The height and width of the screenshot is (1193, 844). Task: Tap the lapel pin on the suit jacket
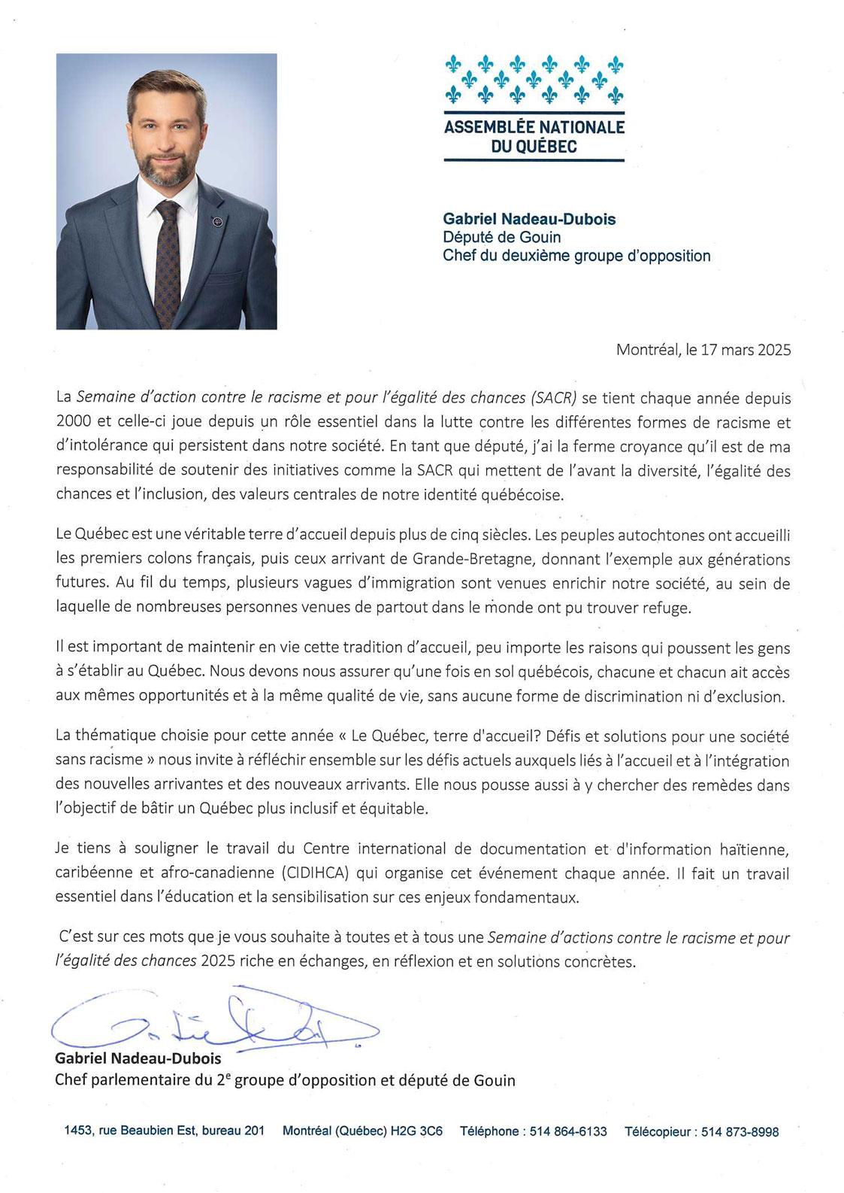[x=216, y=221]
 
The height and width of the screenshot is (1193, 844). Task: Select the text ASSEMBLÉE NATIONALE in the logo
[x=534, y=127]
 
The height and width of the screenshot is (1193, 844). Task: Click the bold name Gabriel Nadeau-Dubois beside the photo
[x=529, y=220]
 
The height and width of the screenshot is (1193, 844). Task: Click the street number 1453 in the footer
[x=78, y=1131]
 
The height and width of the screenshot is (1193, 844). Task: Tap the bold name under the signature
[x=138, y=1058]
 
